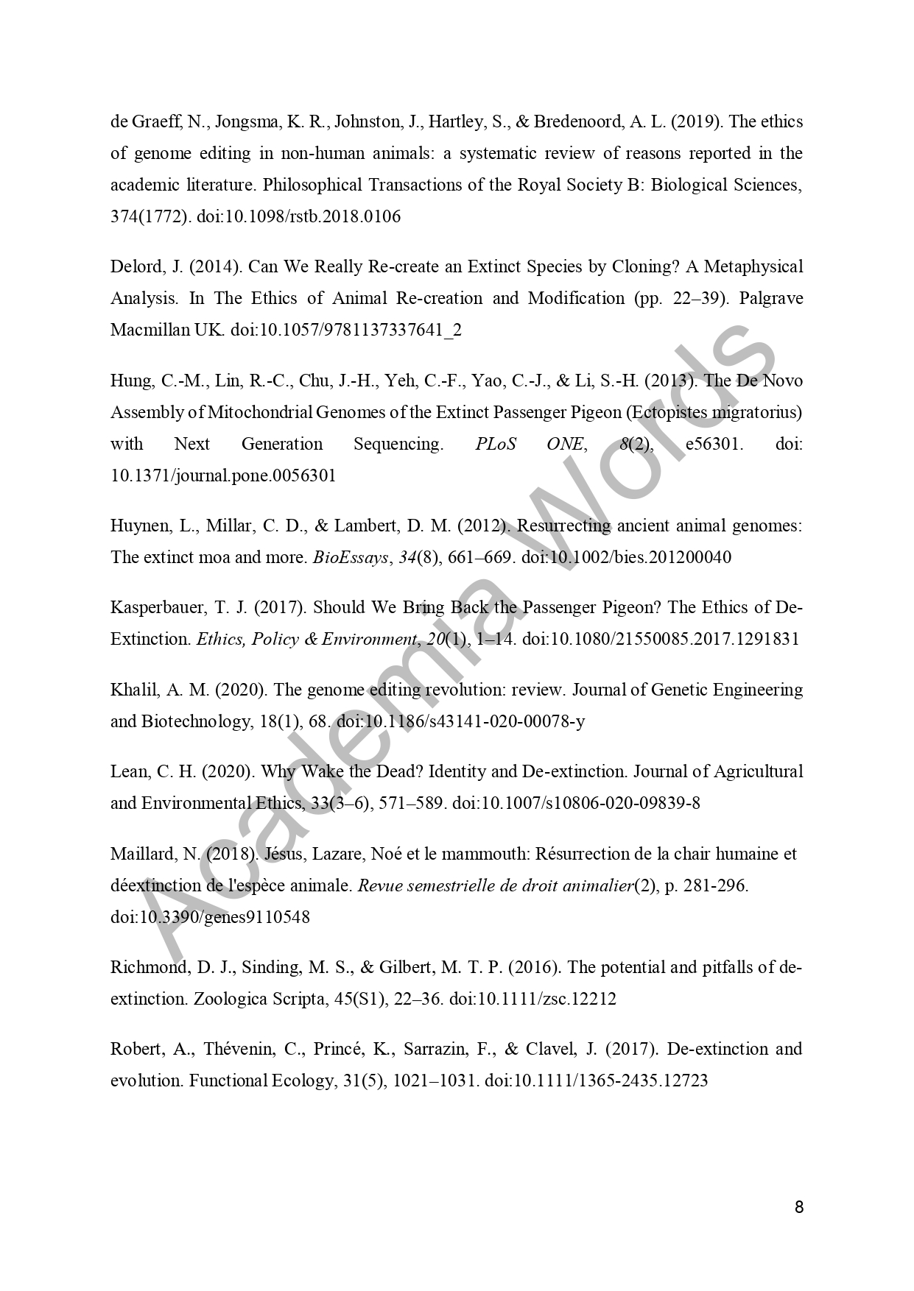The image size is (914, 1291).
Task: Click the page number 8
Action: (x=799, y=1208)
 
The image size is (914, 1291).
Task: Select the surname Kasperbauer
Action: (x=155, y=607)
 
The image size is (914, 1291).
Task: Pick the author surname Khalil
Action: (x=130, y=690)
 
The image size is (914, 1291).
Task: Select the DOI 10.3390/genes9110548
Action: (x=210, y=917)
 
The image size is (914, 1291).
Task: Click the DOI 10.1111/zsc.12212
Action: (x=533, y=999)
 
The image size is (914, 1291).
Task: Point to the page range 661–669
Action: (x=479, y=557)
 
